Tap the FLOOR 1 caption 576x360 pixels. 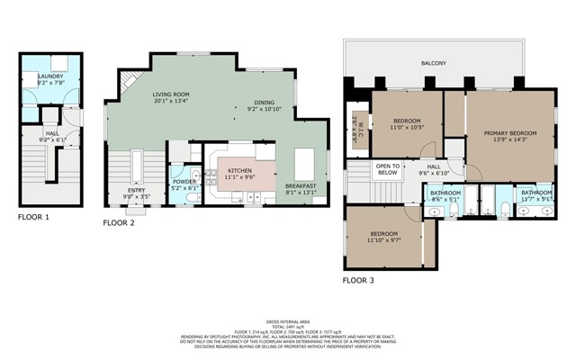pos(34,217)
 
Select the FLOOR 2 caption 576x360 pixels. pos(119,221)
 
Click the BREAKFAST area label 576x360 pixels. pos(301,186)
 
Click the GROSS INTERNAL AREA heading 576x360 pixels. pos(288,320)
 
